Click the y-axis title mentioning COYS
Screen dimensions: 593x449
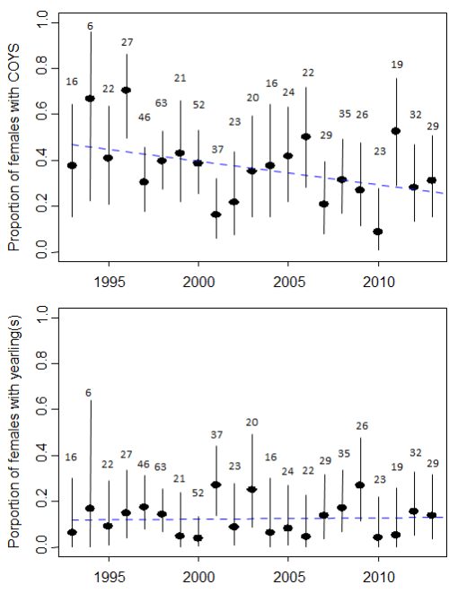[14, 139]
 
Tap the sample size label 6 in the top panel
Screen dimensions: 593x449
[90, 26]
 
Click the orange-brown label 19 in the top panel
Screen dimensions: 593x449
[397, 64]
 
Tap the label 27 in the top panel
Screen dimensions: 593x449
[127, 42]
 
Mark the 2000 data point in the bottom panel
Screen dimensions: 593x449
[198, 538]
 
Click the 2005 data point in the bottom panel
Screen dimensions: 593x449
[288, 528]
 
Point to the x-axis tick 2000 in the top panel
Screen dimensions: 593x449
[198, 280]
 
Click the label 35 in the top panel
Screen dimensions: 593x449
[344, 114]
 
